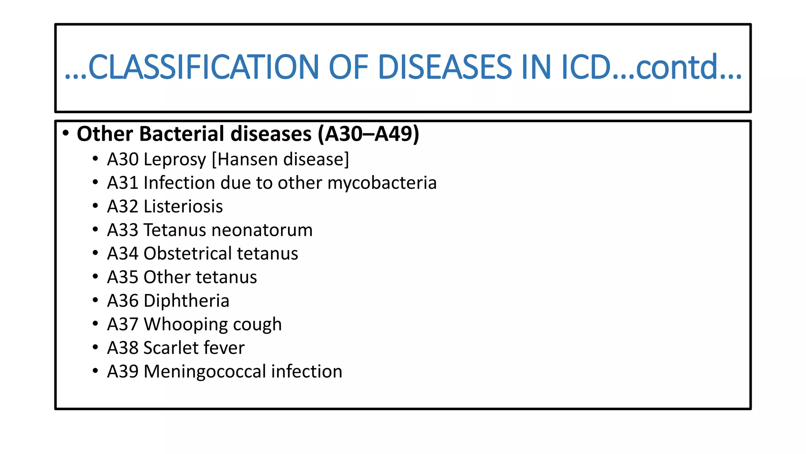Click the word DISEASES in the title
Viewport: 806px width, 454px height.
(x=445, y=67)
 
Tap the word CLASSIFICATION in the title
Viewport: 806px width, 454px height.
(x=203, y=67)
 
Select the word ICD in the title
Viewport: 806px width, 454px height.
(x=587, y=67)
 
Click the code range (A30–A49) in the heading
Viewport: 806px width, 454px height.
(x=369, y=134)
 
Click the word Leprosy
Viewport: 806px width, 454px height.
(x=175, y=160)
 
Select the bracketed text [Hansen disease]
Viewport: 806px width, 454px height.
(x=280, y=159)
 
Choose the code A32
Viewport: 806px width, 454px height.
(x=122, y=207)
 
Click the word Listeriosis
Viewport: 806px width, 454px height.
(x=183, y=207)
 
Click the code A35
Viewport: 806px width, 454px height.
(x=122, y=277)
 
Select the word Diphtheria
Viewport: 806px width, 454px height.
(x=186, y=301)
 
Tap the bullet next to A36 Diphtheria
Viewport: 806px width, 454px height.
(x=95, y=300)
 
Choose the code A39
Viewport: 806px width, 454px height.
(x=122, y=372)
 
